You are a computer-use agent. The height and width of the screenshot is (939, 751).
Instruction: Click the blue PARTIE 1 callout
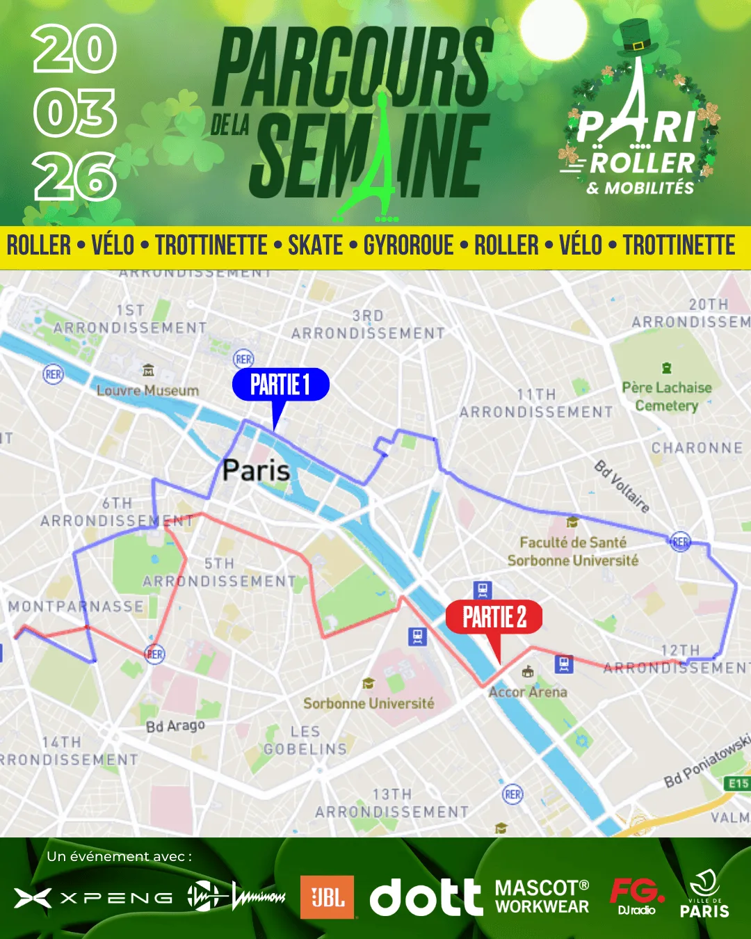pyautogui.click(x=280, y=385)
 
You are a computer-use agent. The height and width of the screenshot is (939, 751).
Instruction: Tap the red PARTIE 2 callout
pyautogui.click(x=494, y=617)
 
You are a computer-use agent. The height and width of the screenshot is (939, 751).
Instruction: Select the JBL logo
pyautogui.click(x=327, y=897)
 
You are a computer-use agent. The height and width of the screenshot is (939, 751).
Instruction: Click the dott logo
pyautogui.click(x=426, y=897)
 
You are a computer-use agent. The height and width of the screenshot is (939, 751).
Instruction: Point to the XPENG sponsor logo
pyautogui.click(x=94, y=898)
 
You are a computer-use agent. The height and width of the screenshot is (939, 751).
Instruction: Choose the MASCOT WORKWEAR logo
pyautogui.click(x=542, y=897)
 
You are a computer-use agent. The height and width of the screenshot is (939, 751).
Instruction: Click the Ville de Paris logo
pyautogui.click(x=704, y=894)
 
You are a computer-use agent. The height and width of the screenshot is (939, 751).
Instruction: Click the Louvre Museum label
pyautogui.click(x=147, y=390)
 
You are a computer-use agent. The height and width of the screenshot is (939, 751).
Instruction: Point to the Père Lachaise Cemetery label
pyautogui.click(x=666, y=396)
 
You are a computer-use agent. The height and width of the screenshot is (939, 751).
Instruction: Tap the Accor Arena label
pyautogui.click(x=528, y=692)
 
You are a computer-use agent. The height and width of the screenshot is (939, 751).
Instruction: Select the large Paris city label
pyautogui.click(x=256, y=471)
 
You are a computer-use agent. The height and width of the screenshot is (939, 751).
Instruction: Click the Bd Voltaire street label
pyautogui.click(x=622, y=486)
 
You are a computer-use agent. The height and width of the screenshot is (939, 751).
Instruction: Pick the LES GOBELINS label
pyautogui.click(x=305, y=741)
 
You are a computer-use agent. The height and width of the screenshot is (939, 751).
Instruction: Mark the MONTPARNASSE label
pyautogui.click(x=76, y=607)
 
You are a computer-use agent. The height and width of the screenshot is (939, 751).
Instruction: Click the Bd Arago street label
pyautogui.click(x=175, y=726)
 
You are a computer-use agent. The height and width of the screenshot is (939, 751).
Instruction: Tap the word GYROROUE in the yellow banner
pyautogui.click(x=408, y=246)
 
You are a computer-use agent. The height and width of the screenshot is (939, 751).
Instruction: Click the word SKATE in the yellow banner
pyautogui.click(x=315, y=246)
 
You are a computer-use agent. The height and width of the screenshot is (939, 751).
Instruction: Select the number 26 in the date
pyautogui.click(x=75, y=177)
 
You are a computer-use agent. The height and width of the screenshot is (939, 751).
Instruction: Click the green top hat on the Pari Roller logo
pyautogui.click(x=636, y=37)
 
